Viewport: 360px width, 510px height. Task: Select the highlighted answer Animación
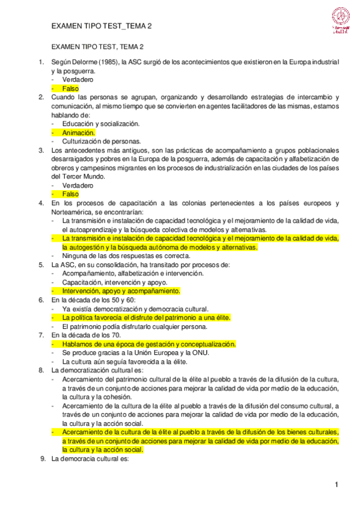click(x=79, y=132)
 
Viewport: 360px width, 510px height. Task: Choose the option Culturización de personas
click(x=102, y=141)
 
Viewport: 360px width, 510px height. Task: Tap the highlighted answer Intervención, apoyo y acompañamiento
click(x=121, y=291)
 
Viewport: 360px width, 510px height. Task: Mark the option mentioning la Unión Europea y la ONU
click(x=135, y=352)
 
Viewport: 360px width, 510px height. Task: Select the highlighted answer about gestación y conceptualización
click(x=148, y=344)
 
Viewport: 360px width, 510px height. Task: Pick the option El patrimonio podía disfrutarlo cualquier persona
click(x=135, y=327)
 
